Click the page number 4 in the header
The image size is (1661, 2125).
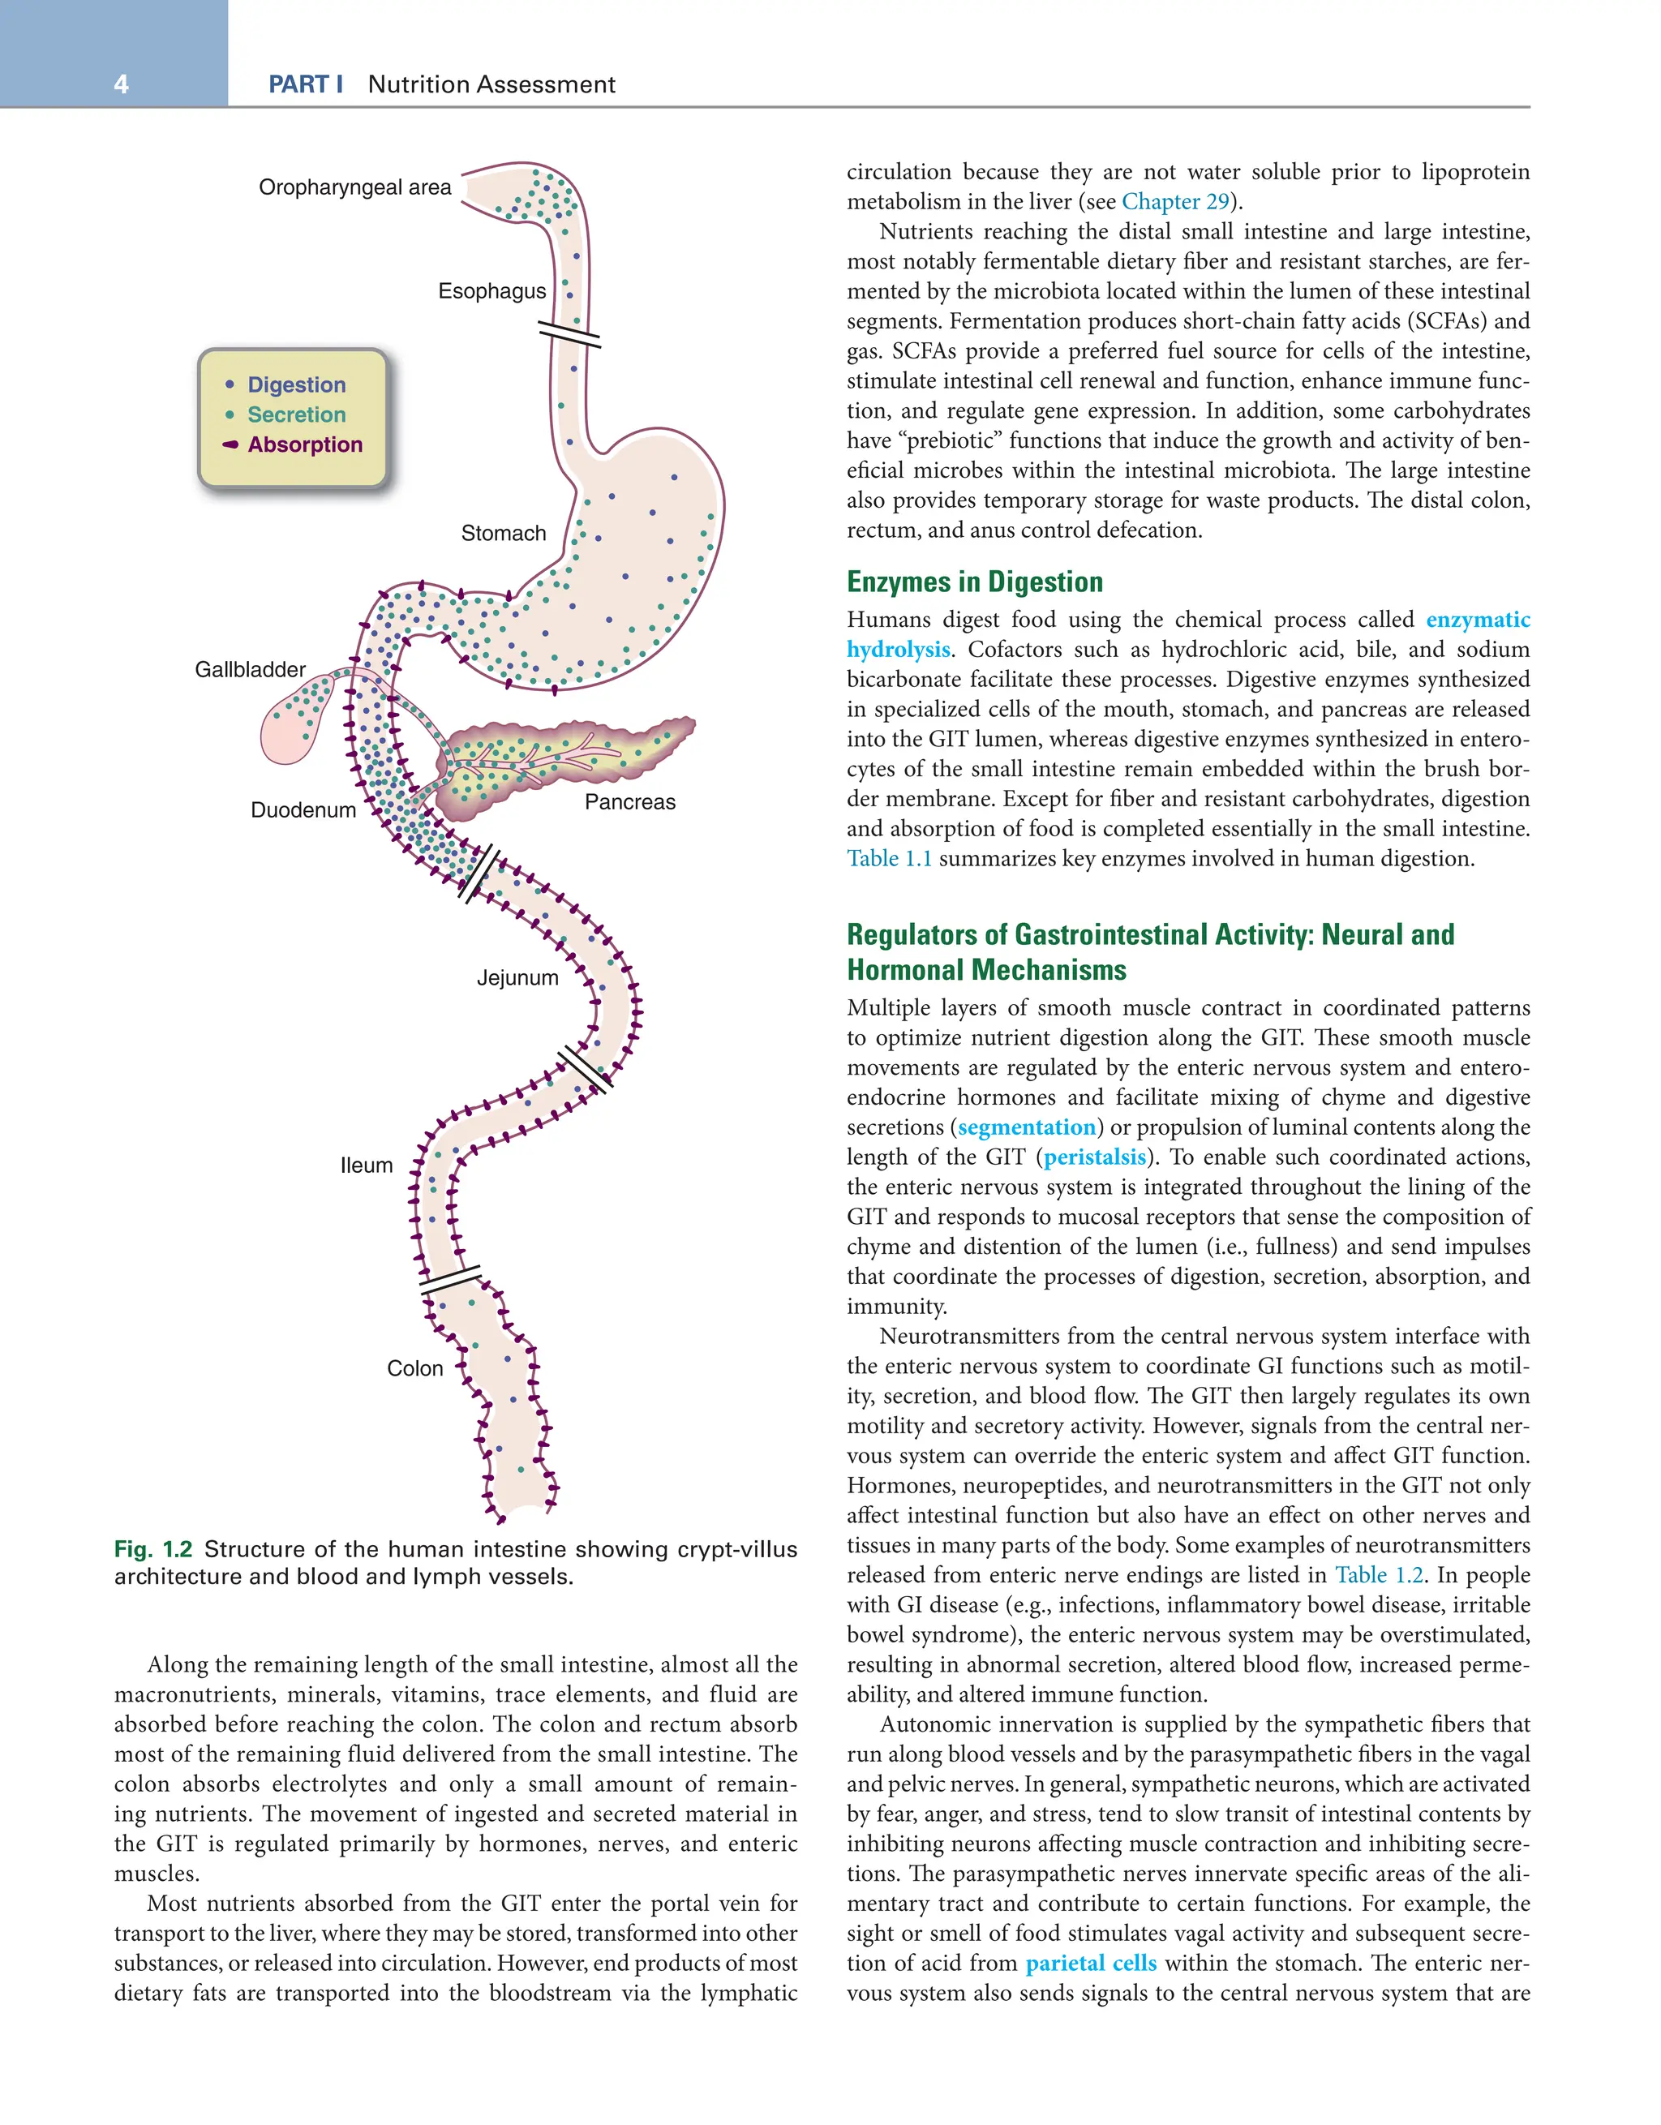(121, 84)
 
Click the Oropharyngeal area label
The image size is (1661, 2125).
(354, 188)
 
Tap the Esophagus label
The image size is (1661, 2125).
(491, 291)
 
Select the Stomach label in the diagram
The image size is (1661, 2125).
(503, 533)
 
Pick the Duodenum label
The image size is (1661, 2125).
(303, 810)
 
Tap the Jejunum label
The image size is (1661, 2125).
(517, 978)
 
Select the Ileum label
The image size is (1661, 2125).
(367, 1166)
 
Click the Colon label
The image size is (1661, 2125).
(414, 1368)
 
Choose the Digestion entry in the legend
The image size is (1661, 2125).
(296, 385)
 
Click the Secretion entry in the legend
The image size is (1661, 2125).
(296, 414)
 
